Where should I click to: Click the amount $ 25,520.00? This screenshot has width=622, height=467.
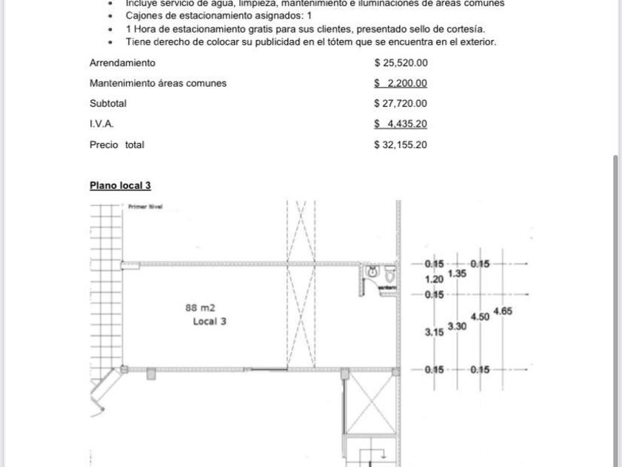pyautogui.click(x=401, y=63)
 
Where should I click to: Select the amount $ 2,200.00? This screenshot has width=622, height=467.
pyautogui.click(x=401, y=84)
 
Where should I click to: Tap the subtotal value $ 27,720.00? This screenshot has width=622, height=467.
pyautogui.click(x=401, y=104)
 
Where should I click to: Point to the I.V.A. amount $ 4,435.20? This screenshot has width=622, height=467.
pyautogui.click(x=401, y=125)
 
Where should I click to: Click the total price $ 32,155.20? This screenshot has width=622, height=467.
pyautogui.click(x=401, y=145)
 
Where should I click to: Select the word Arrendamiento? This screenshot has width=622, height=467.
pyautogui.click(x=122, y=63)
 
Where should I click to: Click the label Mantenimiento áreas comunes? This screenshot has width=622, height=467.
pyautogui.click(x=158, y=84)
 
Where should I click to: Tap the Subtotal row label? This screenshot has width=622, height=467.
pyautogui.click(x=108, y=104)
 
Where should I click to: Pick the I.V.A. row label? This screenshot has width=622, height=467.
pyautogui.click(x=101, y=125)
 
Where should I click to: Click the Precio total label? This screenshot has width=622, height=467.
pyautogui.click(x=117, y=145)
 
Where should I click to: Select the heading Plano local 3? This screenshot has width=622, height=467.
pyautogui.click(x=120, y=185)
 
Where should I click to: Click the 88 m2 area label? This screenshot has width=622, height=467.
pyautogui.click(x=200, y=307)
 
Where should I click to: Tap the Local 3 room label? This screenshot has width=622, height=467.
pyautogui.click(x=210, y=322)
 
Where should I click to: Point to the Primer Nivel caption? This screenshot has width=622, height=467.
pyautogui.click(x=145, y=208)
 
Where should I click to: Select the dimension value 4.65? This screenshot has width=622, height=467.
pyautogui.click(x=502, y=311)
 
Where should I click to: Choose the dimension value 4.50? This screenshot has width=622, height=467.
pyautogui.click(x=480, y=317)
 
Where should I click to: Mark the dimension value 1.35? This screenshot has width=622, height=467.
pyautogui.click(x=457, y=274)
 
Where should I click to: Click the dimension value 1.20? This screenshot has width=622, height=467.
pyautogui.click(x=434, y=279)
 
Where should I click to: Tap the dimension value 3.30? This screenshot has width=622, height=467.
pyautogui.click(x=457, y=325)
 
